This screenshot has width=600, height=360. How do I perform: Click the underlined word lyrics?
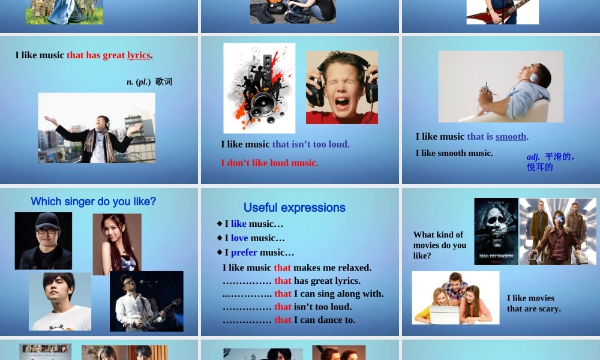(x=139, y=55)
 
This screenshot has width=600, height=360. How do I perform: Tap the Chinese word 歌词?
(x=163, y=82)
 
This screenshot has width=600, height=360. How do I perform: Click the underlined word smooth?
(x=511, y=137)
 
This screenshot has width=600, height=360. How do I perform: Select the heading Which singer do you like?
(x=93, y=202)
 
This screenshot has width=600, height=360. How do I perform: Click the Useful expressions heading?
(x=294, y=208)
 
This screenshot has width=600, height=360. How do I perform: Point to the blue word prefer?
(x=244, y=253)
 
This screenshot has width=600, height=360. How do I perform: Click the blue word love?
(x=239, y=238)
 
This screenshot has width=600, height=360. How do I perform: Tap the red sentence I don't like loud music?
(x=269, y=163)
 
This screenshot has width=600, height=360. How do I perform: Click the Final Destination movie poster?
(x=496, y=232)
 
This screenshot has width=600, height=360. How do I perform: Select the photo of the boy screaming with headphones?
(x=341, y=88)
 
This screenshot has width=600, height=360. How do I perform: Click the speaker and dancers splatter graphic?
(x=259, y=88)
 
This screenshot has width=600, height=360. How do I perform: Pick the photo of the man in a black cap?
(x=43, y=240)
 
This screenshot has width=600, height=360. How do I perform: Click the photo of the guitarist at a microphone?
(x=146, y=301)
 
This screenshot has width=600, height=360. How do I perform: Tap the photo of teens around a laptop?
(x=455, y=298)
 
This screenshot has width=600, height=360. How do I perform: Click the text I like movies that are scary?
(x=533, y=304)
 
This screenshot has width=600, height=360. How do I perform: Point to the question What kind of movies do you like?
(x=439, y=245)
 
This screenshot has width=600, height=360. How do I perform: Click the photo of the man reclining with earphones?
(x=500, y=86)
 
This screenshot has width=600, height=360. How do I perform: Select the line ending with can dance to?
(x=289, y=320)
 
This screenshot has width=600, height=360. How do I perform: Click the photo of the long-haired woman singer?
(x=117, y=244)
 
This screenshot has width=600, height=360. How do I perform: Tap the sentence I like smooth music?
(x=454, y=153)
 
